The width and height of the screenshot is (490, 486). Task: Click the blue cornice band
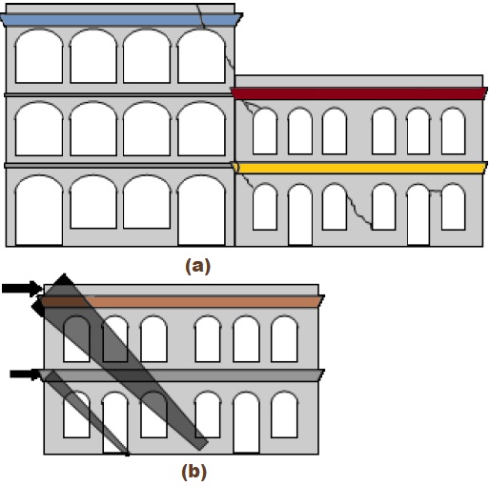(x=121, y=20)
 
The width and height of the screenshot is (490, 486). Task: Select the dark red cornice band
(x=359, y=93)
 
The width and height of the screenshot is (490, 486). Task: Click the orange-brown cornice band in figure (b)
(x=181, y=301)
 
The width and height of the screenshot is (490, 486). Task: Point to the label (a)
(x=197, y=266)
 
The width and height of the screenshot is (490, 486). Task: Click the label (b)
(x=194, y=472)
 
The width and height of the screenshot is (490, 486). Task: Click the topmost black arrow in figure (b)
(x=22, y=289)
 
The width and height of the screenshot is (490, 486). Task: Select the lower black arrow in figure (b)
(x=26, y=375)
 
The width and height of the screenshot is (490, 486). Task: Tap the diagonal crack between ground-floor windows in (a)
(x=359, y=211)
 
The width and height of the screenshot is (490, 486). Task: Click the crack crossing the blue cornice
(x=201, y=16)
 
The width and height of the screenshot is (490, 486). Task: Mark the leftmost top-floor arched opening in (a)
(x=39, y=56)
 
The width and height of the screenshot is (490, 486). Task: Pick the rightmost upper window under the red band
(x=454, y=132)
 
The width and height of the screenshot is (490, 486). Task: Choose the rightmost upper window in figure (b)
(x=284, y=338)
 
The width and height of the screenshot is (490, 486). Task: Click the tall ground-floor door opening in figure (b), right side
(x=246, y=422)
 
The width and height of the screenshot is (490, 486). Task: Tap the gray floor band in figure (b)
(x=181, y=375)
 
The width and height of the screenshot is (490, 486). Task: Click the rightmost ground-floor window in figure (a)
(x=454, y=207)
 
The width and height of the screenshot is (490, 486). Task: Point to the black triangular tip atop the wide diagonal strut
(x=64, y=279)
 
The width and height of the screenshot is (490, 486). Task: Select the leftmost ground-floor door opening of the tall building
(x=39, y=211)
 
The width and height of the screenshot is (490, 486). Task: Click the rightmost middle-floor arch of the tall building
(x=201, y=129)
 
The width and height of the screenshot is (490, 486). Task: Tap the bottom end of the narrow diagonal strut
(x=127, y=454)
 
